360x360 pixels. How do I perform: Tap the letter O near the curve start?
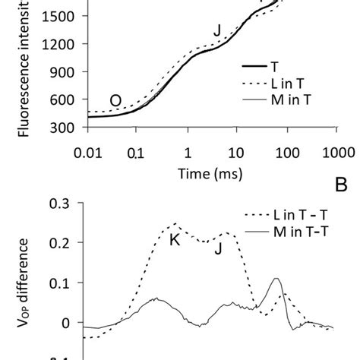pyautogui.click(x=115, y=99)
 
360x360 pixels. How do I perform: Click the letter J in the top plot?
pyautogui.click(x=217, y=30)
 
